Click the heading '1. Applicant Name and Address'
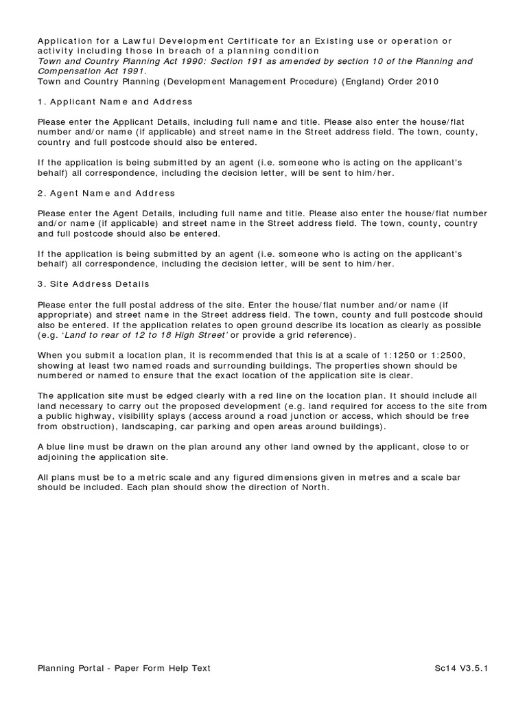click(x=115, y=102)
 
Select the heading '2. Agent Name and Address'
click(x=106, y=193)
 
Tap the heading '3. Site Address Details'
click(x=93, y=284)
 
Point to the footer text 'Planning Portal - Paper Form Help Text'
click(x=124, y=667)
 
